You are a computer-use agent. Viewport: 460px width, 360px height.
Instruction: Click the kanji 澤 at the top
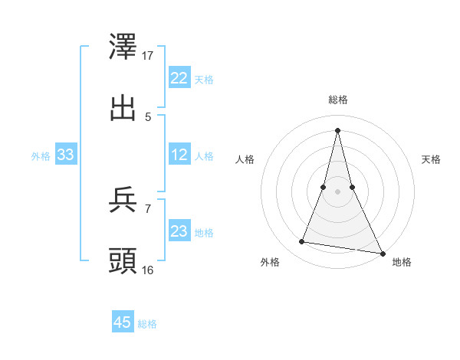point(123,47)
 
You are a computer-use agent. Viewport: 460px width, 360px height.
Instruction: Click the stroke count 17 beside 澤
point(149,56)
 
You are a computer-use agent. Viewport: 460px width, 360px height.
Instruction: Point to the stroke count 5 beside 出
point(148,116)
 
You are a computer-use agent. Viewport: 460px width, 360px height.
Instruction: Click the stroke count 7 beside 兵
point(148,208)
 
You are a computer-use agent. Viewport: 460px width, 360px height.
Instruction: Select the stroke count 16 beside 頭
point(149,269)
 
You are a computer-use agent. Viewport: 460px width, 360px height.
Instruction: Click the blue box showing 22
point(179,78)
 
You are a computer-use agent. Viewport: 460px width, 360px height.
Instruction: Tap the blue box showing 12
point(179,155)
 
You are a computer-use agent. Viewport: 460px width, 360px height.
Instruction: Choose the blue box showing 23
point(179,231)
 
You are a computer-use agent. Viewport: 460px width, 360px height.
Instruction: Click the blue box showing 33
point(66,155)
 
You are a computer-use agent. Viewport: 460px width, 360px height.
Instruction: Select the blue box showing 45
point(123,322)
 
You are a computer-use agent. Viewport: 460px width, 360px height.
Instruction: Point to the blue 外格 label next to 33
point(41,155)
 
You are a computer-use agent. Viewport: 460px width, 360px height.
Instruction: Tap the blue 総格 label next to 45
point(147,324)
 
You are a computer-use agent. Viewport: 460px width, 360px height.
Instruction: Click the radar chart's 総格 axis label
point(338,100)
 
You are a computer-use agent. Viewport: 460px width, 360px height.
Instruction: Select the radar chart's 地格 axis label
point(402,262)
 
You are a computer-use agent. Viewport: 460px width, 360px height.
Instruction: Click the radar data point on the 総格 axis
point(337,129)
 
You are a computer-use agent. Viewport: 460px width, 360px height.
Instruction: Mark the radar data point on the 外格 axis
point(302,242)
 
